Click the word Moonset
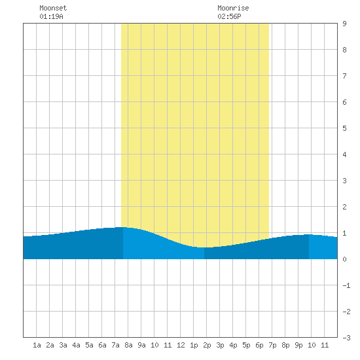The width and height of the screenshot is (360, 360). point(53,8)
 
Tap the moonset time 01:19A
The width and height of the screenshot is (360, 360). point(51,16)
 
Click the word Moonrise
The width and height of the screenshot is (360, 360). point(233,8)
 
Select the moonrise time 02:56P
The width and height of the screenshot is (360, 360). point(229,16)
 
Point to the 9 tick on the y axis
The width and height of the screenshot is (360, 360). point(344,24)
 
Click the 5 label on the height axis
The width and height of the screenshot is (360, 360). point(344,128)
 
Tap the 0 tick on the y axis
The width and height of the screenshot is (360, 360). point(344,259)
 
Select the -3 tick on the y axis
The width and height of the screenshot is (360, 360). point(346,338)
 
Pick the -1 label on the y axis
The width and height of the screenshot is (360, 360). point(346,285)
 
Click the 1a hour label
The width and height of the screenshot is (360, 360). point(37,345)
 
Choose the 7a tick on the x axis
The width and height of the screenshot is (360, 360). point(115,345)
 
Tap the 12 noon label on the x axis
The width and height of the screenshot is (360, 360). point(181,345)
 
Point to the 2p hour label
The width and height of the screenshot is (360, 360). point(207,346)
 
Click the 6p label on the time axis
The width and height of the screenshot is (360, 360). point(259,346)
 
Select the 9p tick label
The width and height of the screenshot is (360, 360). point(298,346)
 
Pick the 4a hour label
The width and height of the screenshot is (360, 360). point(76,345)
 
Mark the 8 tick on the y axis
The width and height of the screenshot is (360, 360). point(344,50)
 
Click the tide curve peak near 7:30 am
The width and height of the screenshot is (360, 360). point(122,227)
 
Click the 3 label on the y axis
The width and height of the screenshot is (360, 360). point(344,181)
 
